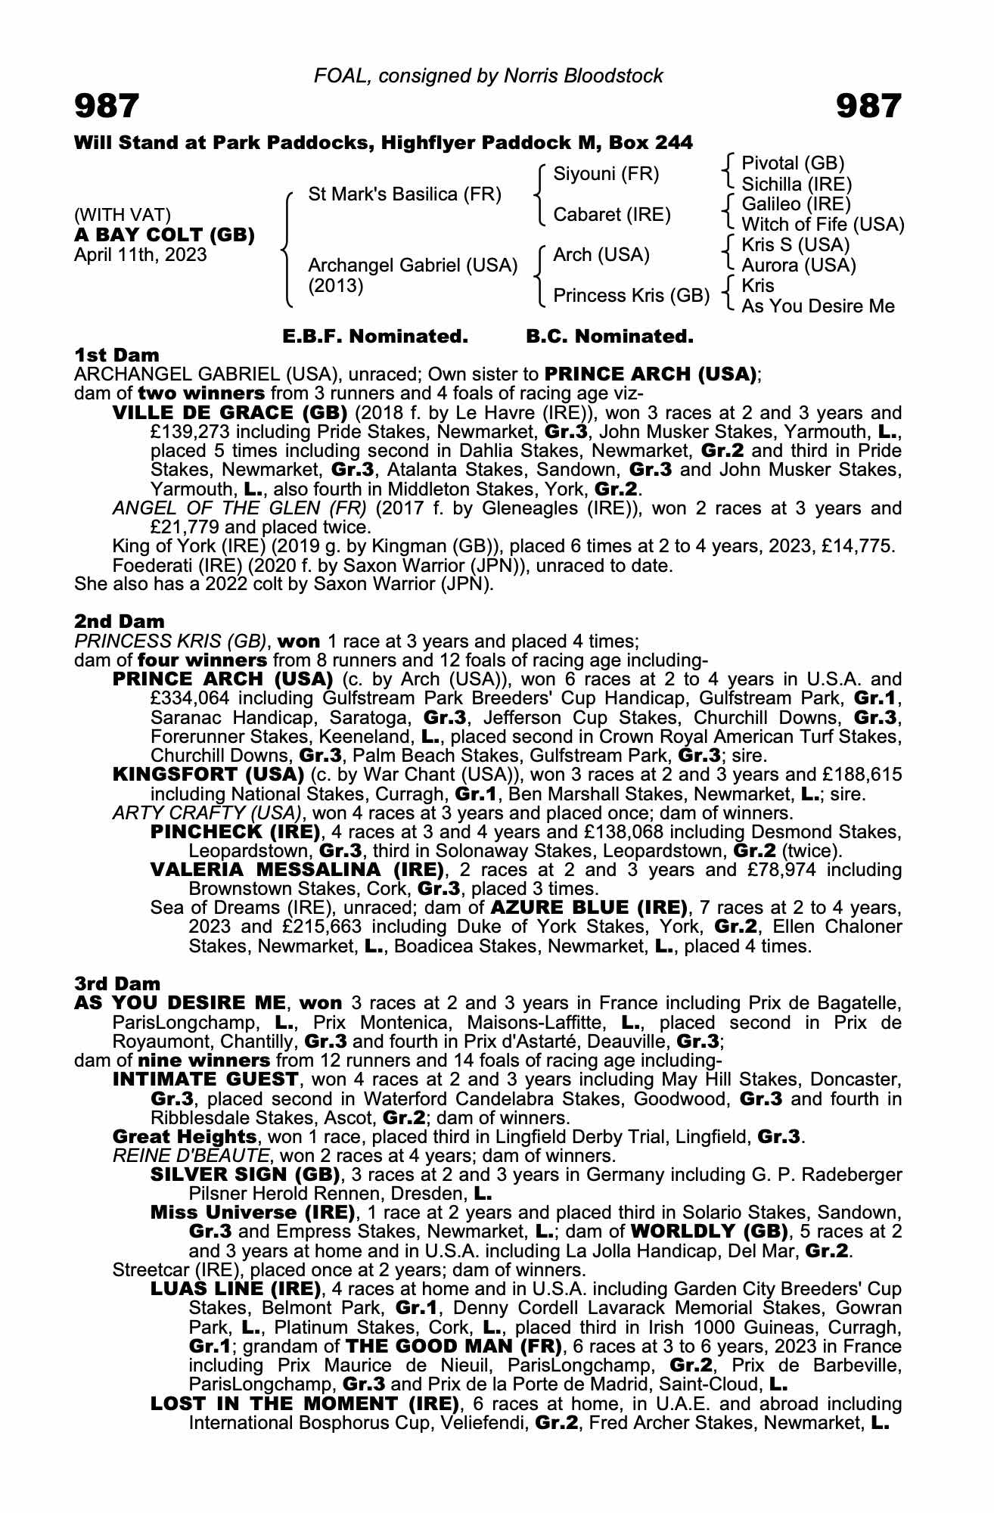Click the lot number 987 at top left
pos(107,107)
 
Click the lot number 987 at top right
pos(868,107)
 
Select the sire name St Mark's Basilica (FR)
pos(405,194)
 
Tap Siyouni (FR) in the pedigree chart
pos(606,175)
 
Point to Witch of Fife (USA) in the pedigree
pos(822,225)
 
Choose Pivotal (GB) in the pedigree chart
pos(792,163)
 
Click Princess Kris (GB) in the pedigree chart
pos(631,296)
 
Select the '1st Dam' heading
pos(116,355)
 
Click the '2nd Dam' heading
pos(119,621)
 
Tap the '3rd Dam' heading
pos(117,983)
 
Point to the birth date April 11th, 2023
pos(140,255)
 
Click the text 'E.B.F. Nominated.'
pos(374,337)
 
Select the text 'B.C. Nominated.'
pos(609,337)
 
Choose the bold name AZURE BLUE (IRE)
pos(589,907)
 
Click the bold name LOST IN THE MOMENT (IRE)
pos(306,1404)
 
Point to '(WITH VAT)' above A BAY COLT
pos(122,216)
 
